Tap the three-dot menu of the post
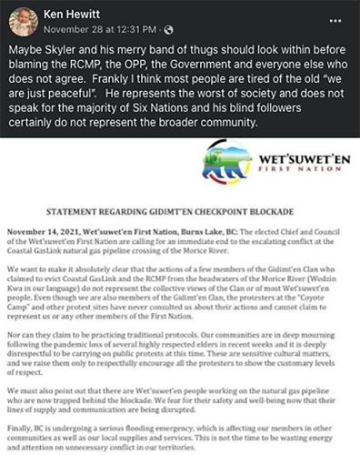coord(337,19)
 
